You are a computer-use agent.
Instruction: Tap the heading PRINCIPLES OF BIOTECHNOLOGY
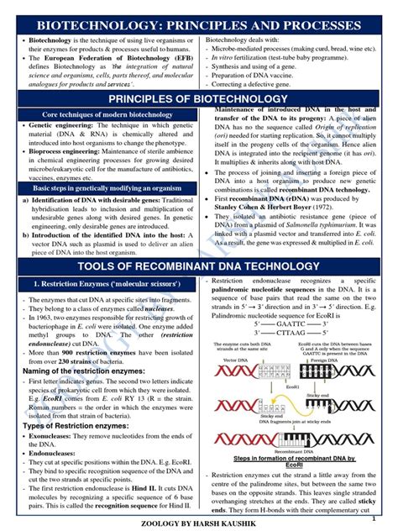[x=199, y=99]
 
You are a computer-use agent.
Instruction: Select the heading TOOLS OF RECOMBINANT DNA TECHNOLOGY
[x=199, y=266]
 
